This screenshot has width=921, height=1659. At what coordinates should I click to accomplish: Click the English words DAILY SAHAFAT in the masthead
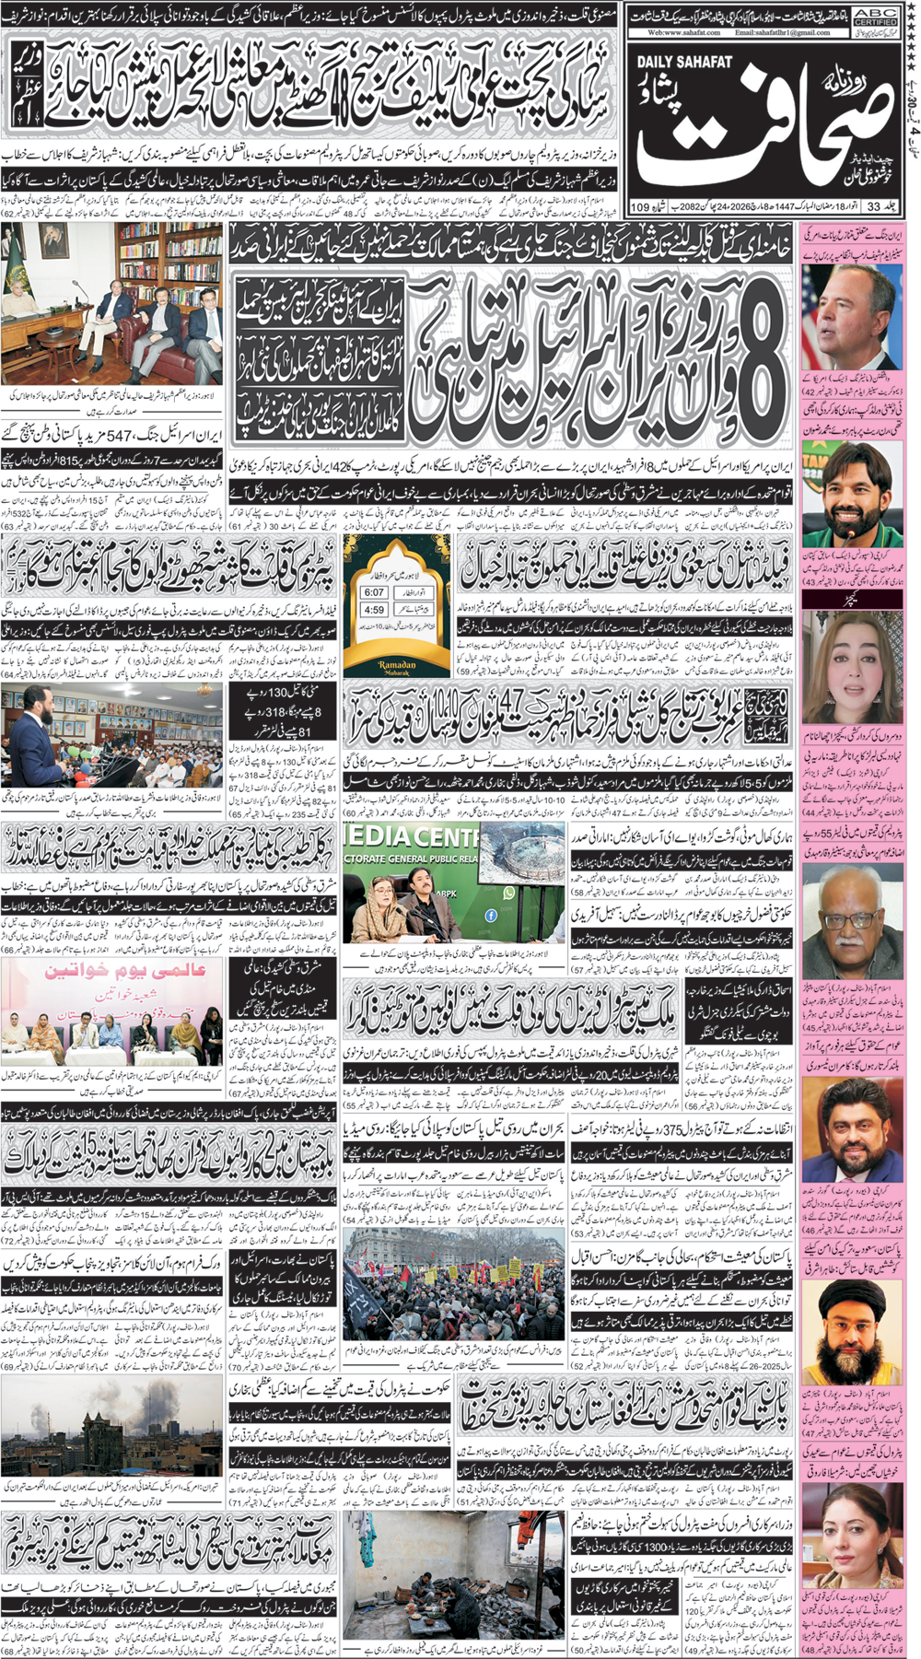tap(682, 62)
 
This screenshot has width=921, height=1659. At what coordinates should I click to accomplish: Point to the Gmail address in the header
tap(782, 32)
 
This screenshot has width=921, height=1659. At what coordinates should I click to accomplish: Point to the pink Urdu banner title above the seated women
tap(119, 973)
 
